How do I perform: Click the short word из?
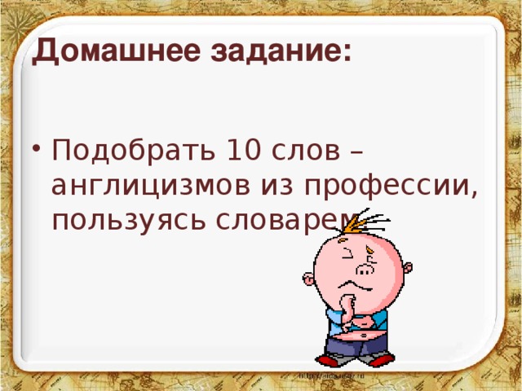click(x=280, y=186)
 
